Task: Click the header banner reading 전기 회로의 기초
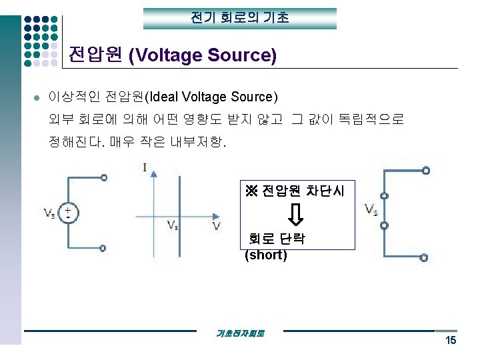pos(240,18)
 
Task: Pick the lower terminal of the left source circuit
pos(103,248)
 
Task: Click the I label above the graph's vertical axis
pos(145,167)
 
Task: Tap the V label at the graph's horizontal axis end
pos(217,227)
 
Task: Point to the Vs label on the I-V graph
pos(172,225)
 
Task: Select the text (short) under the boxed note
pos(266,255)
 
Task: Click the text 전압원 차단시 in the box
pos(303,192)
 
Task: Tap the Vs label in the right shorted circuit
pos(371,209)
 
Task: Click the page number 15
pos(451,341)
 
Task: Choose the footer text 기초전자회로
pos(240,333)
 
